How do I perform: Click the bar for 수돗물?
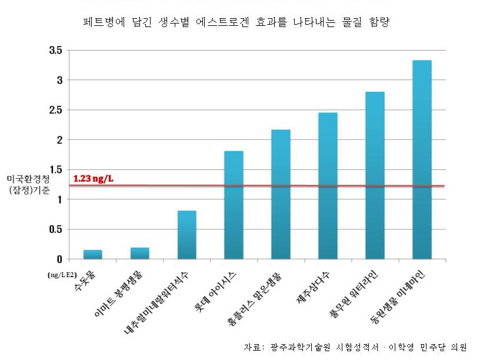click(x=92, y=254)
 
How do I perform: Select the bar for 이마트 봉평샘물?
click(x=139, y=253)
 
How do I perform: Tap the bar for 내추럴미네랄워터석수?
click(x=186, y=235)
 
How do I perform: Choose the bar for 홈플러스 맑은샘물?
click(x=281, y=194)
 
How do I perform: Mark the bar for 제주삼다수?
click(x=328, y=185)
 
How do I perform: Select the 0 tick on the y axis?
click(x=59, y=259)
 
